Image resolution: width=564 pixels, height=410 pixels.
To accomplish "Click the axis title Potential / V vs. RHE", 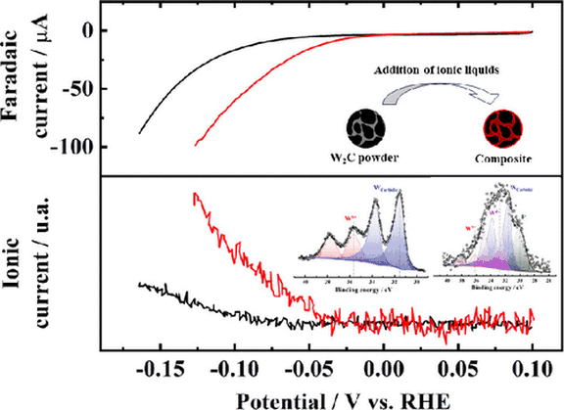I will pyautogui.click(x=325, y=398).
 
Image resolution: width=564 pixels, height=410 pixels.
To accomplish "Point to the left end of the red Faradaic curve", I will pyautogui.click(x=196, y=144).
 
